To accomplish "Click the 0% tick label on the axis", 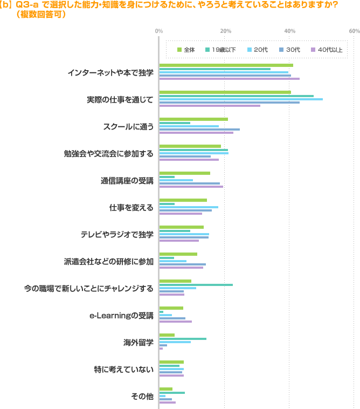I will (x=159, y=31).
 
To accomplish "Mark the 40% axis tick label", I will (x=289, y=31).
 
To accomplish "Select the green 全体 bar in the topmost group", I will (x=226, y=65).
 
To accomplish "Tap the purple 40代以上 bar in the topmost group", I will (x=229, y=78).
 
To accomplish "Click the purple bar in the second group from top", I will (x=210, y=105).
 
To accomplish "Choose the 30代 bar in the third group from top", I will (x=199, y=129).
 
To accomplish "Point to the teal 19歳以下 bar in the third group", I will (x=175, y=123).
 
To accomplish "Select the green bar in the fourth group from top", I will (x=190, y=146).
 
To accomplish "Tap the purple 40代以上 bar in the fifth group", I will (x=191, y=187).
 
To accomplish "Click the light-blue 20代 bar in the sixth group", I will (x=189, y=207).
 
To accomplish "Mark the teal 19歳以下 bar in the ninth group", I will (x=196, y=284).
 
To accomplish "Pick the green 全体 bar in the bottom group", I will (x=165, y=389).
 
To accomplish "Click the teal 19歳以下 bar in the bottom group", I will (x=172, y=392).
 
